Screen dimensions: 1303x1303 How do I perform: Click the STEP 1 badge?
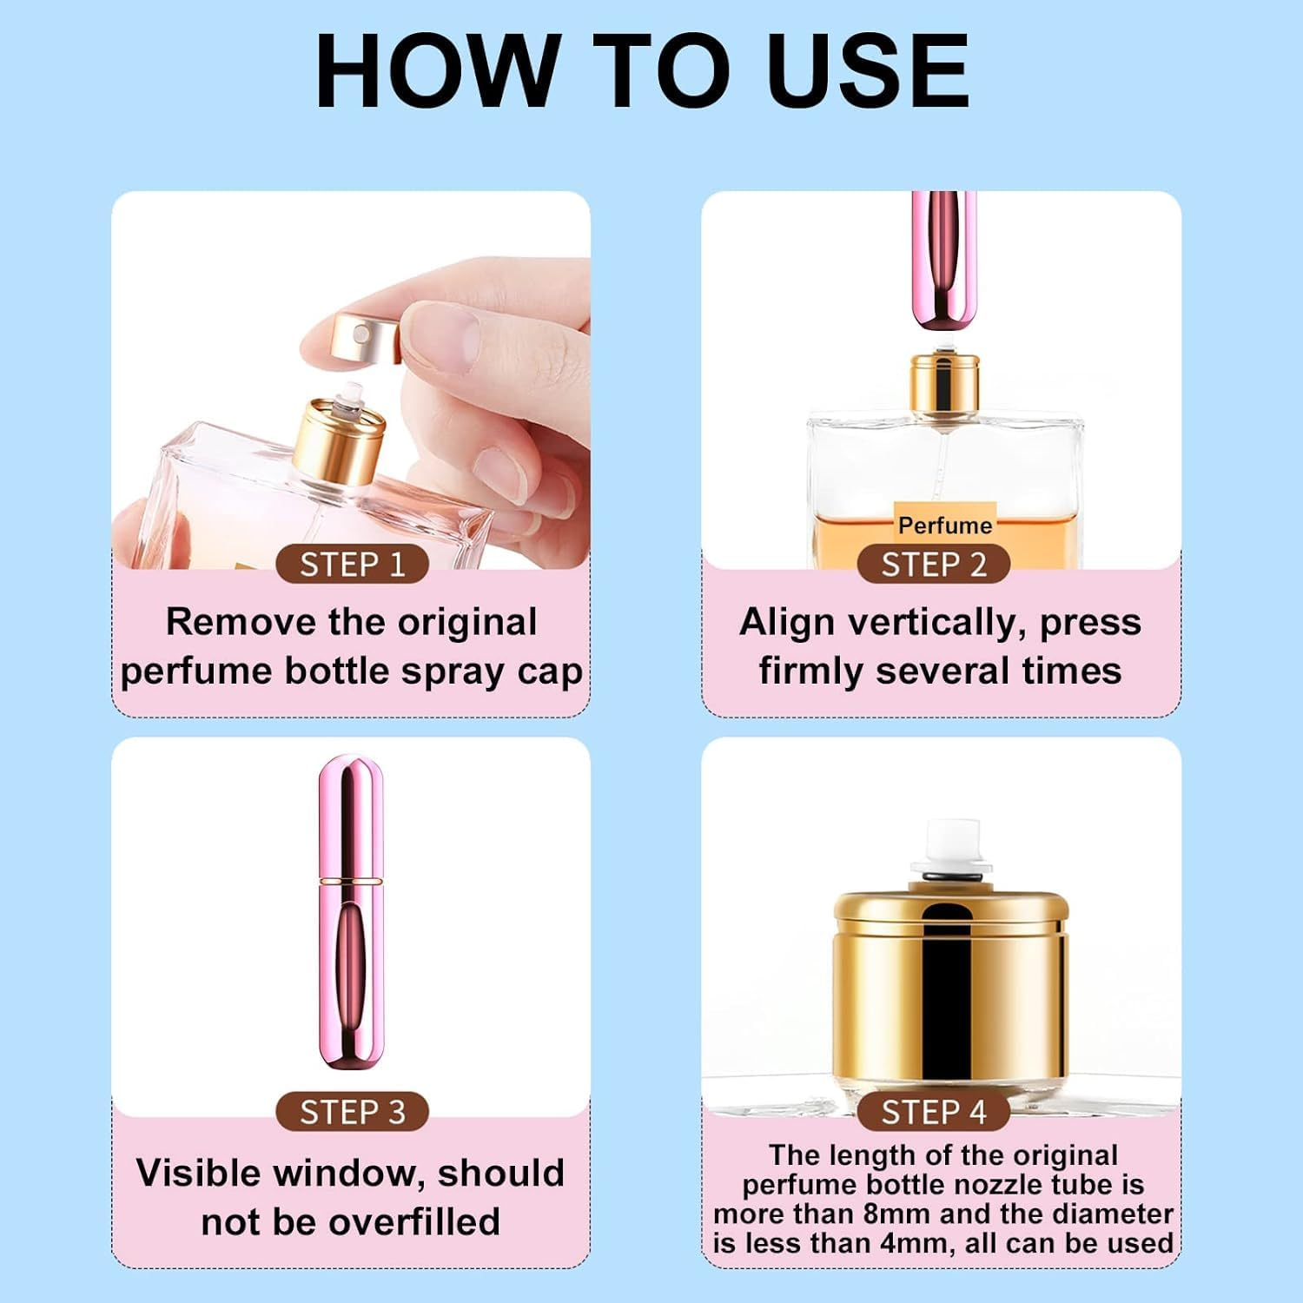[352, 565]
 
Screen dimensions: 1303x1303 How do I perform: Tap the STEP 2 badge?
[934, 565]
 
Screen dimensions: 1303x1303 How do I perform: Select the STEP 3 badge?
[352, 1112]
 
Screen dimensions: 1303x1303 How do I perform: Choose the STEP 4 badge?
[934, 1112]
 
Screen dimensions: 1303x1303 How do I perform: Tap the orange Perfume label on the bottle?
[945, 524]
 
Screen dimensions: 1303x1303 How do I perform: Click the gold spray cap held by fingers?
[366, 335]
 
